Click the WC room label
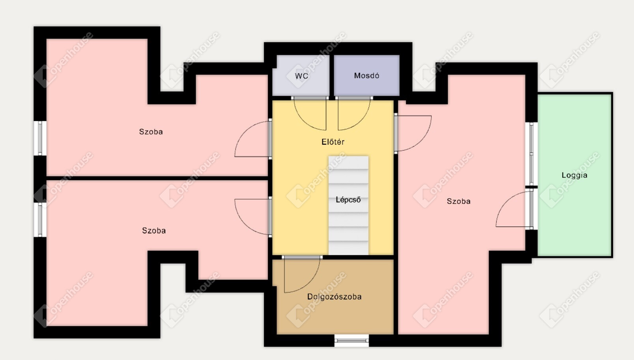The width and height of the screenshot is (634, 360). [301, 76]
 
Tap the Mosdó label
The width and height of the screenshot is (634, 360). [367, 75]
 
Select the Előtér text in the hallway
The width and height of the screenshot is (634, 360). [333, 142]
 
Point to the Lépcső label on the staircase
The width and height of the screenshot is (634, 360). [348, 200]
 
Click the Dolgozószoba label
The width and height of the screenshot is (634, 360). [334, 297]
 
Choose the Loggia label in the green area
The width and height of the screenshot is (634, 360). [574, 175]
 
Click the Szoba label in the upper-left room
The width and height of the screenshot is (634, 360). [151, 132]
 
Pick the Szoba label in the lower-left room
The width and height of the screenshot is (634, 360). [154, 231]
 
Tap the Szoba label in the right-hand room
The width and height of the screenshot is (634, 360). [458, 201]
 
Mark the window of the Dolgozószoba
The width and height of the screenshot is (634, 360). [352, 341]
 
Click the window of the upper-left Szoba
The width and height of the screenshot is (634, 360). [40, 138]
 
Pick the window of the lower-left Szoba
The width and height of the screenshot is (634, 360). [40, 220]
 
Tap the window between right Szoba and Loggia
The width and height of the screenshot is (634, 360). [531, 154]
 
